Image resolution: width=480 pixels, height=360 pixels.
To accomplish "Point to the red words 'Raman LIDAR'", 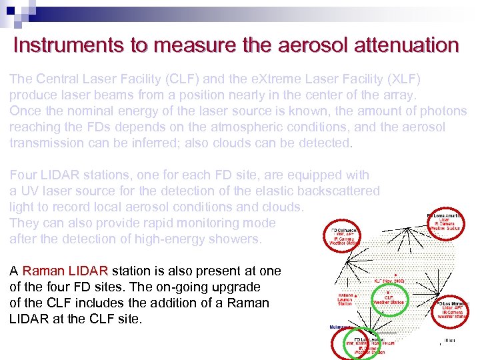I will point(65,271).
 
